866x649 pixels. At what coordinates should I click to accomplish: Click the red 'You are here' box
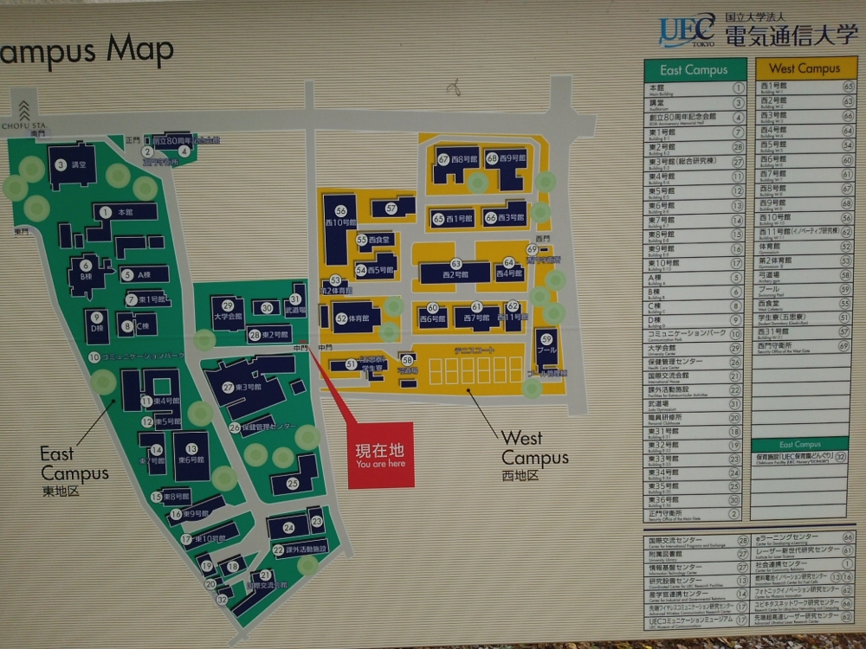(381, 455)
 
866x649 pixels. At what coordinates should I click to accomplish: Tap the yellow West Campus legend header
(805, 68)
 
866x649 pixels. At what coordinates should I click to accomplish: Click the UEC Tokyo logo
(688, 31)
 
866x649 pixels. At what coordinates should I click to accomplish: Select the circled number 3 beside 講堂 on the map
(61, 164)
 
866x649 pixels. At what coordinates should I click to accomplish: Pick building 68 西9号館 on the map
(506, 159)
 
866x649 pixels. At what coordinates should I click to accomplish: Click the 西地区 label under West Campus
(520, 476)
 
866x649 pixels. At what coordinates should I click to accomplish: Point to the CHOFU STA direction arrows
(23, 110)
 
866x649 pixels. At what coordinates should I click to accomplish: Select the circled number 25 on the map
(293, 483)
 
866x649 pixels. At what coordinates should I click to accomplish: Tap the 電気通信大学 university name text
(791, 36)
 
